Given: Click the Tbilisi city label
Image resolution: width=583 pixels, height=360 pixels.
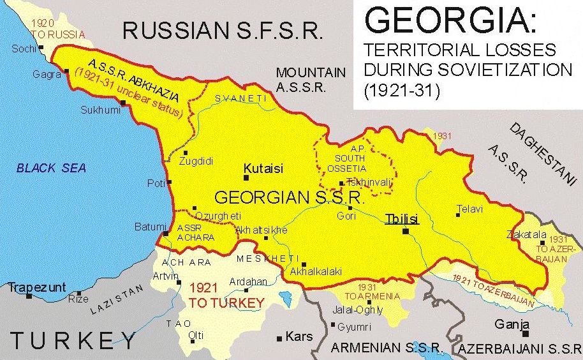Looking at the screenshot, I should [402, 219].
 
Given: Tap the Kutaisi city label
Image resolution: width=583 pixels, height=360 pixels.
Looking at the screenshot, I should [263, 169].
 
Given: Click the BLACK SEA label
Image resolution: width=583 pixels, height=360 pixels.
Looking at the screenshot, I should [51, 169].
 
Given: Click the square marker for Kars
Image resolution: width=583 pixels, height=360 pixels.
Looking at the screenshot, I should [279, 338].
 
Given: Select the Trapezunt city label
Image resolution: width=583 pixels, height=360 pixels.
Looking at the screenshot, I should [37, 287].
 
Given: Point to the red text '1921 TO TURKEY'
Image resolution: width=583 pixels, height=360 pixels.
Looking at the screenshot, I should [226, 297].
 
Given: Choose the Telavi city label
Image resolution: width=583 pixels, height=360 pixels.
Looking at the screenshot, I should [469, 209].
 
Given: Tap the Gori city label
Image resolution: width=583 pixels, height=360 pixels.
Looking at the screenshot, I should [347, 216].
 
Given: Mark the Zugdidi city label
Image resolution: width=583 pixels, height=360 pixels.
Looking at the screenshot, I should [196, 161].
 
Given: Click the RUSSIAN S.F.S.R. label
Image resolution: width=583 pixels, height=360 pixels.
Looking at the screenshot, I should [223, 30].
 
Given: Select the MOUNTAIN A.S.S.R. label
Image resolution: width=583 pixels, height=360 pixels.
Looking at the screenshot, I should [311, 80].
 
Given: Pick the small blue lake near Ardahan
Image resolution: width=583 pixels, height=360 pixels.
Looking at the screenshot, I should [285, 297].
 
